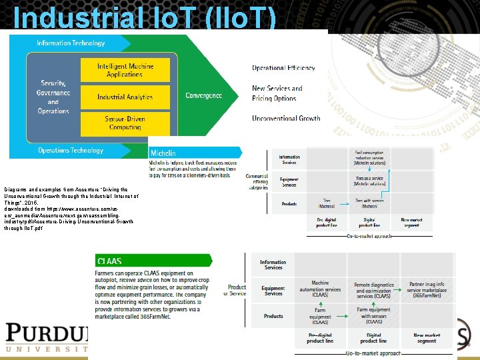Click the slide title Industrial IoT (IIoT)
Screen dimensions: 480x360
[144, 18]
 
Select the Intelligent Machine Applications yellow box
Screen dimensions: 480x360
[125, 70]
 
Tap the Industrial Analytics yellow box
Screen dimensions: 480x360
[125, 97]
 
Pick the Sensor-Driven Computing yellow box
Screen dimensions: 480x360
[125, 123]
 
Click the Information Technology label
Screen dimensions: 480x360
[71, 43]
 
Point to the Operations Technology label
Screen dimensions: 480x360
[71, 151]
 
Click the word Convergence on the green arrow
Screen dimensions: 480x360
[203, 96]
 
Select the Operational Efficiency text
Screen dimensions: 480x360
[283, 68]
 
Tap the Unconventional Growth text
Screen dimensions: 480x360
[286, 119]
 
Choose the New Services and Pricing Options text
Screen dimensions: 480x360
[277, 93]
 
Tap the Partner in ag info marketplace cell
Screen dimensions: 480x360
[427, 289]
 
